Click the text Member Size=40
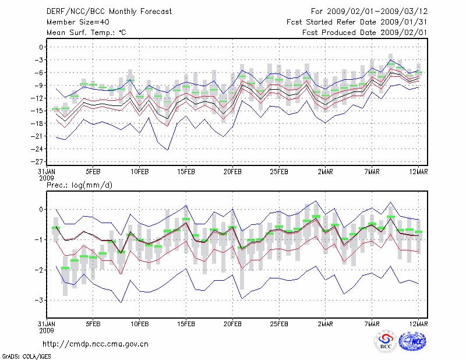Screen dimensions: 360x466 coord(74,22)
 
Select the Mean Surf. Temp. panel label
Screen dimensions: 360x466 coord(86,33)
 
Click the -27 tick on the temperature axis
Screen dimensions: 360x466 coord(39,161)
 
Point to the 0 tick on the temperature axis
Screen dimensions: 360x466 coord(42,47)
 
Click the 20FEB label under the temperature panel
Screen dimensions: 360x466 coord(232,172)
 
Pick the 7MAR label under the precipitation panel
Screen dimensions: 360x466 coord(372,324)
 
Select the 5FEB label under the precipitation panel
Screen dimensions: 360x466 coord(93,324)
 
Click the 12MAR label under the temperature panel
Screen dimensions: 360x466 coord(419,172)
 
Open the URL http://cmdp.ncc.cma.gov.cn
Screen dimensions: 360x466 coord(96,344)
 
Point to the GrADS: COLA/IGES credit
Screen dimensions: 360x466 coord(22,355)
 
